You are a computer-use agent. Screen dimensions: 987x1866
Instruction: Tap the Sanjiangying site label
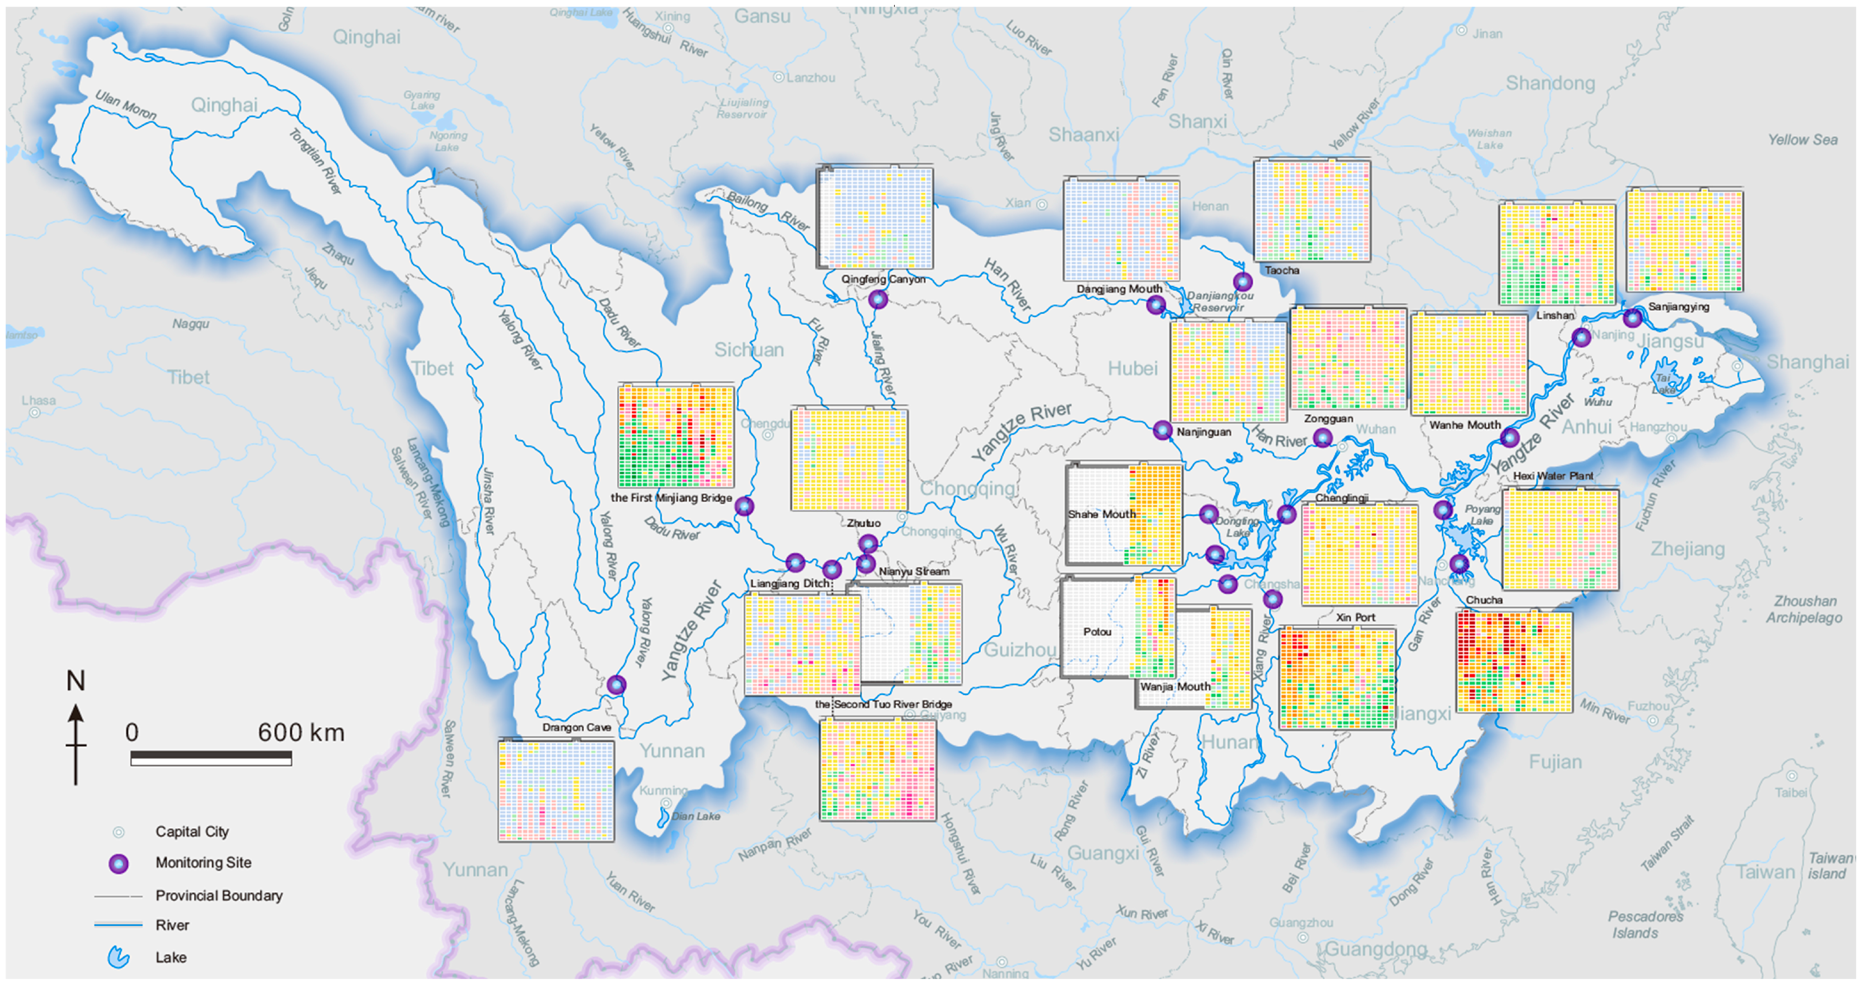[1678, 306]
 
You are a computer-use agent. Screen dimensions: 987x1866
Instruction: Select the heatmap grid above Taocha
[1312, 210]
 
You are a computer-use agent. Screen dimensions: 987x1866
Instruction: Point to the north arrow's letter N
[75, 681]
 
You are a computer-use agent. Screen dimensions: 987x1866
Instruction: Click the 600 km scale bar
[211, 758]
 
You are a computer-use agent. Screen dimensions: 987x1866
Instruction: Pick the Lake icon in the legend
[119, 957]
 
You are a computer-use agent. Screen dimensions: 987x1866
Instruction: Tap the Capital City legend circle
[119, 832]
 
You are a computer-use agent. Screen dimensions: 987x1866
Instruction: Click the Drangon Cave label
[577, 727]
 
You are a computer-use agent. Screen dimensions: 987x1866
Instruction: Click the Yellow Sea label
[1802, 140]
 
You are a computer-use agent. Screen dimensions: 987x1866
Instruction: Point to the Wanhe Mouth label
[1465, 425]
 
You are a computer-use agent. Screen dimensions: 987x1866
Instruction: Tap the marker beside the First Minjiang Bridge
[744, 506]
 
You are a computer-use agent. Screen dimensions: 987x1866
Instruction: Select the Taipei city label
[1791, 792]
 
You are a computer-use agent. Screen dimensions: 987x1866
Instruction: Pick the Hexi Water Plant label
[1553, 476]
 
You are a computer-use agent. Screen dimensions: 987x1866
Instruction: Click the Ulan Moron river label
[125, 106]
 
